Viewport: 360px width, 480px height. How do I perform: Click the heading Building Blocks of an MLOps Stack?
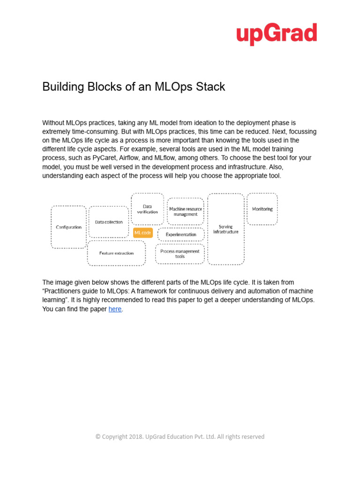pos(134,87)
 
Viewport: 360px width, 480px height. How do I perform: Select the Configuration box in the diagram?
pos(68,227)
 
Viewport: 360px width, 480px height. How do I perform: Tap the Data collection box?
pos(109,222)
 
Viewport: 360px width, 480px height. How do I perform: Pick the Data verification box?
pos(147,209)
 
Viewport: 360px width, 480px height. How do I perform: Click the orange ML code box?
pos(142,232)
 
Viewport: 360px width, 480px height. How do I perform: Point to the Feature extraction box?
pos(116,253)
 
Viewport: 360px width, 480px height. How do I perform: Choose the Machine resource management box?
pos(186,211)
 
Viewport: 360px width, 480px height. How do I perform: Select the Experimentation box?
pos(181,234)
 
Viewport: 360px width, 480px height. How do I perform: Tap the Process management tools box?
pos(180,254)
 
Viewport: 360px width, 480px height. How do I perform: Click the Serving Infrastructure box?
pos(225,229)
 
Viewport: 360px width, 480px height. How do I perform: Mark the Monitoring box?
pos(262,209)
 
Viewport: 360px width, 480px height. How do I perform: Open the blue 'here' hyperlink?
pos(115,309)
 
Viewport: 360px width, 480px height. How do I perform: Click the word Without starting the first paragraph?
pos(54,122)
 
